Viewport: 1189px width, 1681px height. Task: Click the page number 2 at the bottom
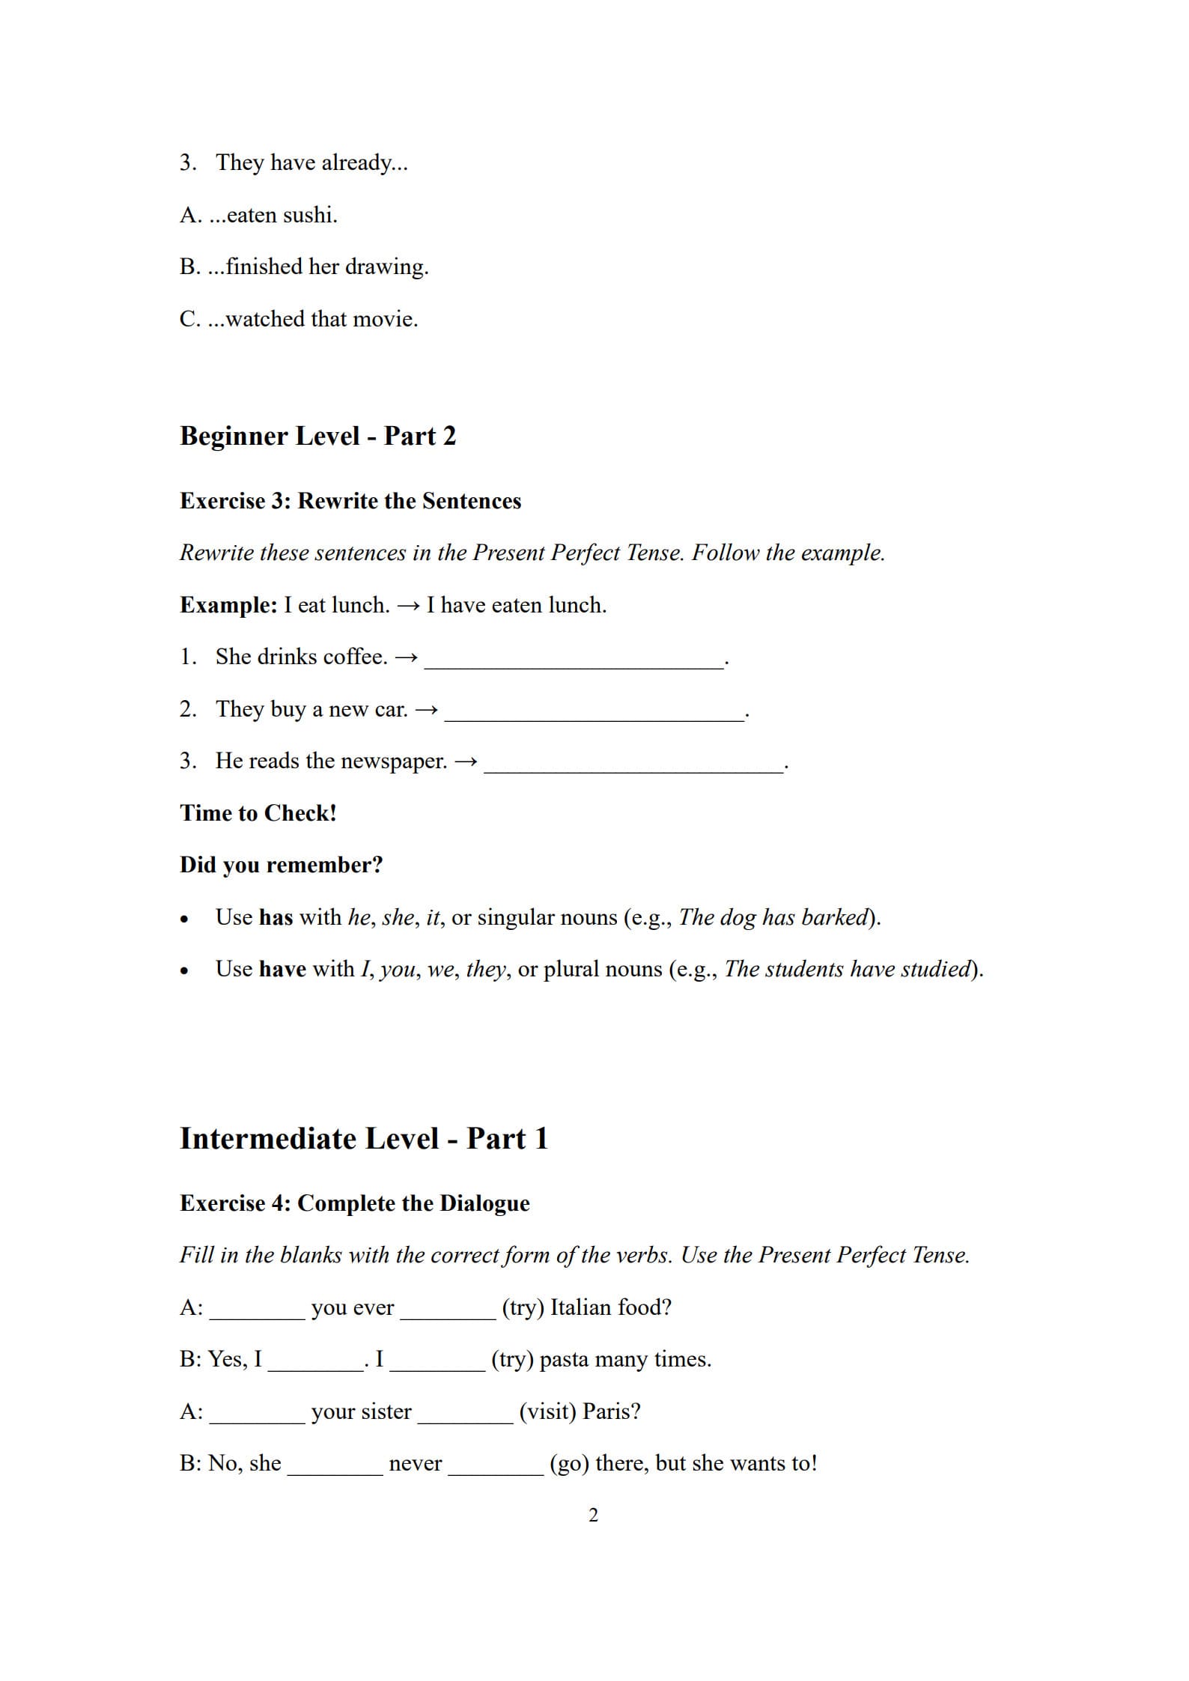(593, 1515)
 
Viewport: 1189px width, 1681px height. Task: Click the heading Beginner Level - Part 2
(317, 436)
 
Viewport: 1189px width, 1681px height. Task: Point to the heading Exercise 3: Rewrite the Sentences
(350, 500)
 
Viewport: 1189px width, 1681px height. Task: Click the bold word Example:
(228, 605)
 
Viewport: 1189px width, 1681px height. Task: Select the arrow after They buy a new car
(426, 710)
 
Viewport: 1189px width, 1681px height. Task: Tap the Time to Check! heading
(258, 813)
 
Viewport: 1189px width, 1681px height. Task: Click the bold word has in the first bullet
(276, 917)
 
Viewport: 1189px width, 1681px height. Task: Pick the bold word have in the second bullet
(282, 969)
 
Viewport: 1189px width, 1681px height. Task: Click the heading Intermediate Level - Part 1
(364, 1139)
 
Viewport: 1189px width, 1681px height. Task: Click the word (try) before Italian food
(523, 1307)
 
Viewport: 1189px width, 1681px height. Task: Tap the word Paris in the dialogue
(611, 1411)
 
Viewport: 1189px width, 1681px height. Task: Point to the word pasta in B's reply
(563, 1359)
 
